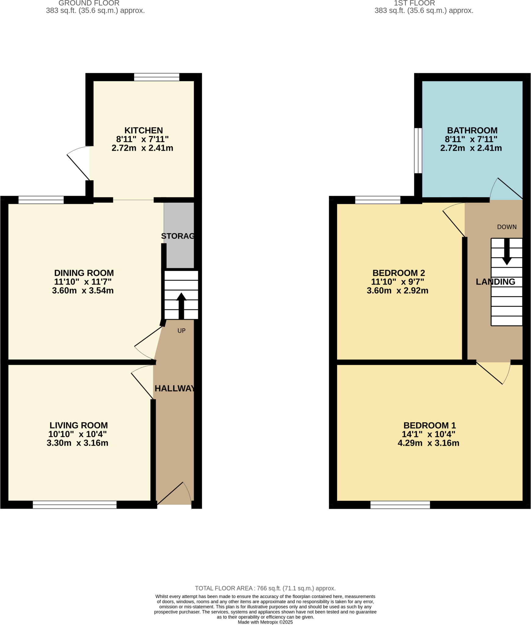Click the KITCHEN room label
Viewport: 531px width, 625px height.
pyautogui.click(x=143, y=131)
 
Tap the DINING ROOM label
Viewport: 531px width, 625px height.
pyautogui.click(x=84, y=273)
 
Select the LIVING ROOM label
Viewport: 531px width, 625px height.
pyautogui.click(x=79, y=425)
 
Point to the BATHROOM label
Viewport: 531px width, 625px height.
pyautogui.click(x=472, y=131)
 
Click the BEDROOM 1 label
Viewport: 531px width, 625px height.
pyautogui.click(x=429, y=425)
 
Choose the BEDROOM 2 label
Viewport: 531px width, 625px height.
pyautogui.click(x=399, y=273)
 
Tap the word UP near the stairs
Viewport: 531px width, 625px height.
pyautogui.click(x=181, y=331)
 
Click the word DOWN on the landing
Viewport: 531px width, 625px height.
pyautogui.click(x=507, y=227)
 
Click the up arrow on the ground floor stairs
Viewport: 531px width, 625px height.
pyautogui.click(x=181, y=305)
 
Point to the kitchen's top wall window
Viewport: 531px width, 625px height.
pyautogui.click(x=156, y=77)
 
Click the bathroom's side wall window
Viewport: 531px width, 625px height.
pyautogui.click(x=418, y=150)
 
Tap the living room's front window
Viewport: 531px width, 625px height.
pyautogui.click(x=75, y=504)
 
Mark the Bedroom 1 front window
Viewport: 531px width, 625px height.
pyautogui.click(x=400, y=504)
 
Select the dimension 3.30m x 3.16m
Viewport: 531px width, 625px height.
pyautogui.click(x=77, y=443)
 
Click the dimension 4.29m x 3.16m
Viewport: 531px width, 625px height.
pyautogui.click(x=428, y=443)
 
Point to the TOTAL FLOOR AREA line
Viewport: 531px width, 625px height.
pyautogui.click(x=265, y=588)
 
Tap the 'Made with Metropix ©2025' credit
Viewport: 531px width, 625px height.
pyautogui.click(x=265, y=622)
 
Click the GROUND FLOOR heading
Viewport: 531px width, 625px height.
pyautogui.click(x=89, y=3)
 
